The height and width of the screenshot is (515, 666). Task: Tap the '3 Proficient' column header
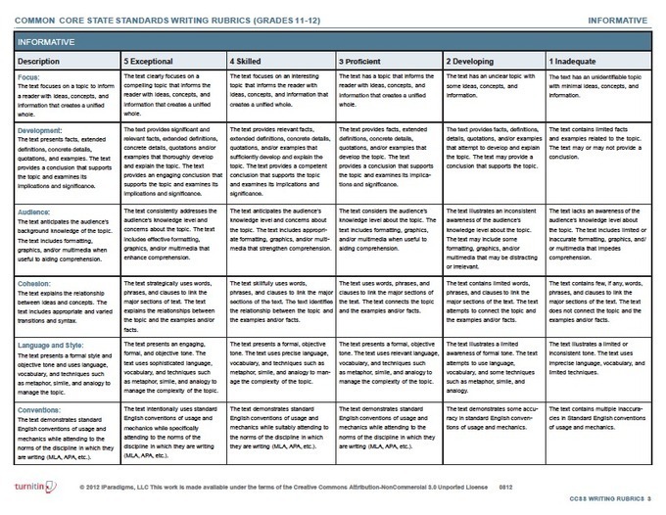point(358,62)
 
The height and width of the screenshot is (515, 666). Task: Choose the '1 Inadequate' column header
point(576,62)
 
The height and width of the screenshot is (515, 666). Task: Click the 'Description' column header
point(40,62)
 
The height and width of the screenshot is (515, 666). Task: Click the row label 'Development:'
point(40,129)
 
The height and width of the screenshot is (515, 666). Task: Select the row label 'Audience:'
point(35,210)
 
